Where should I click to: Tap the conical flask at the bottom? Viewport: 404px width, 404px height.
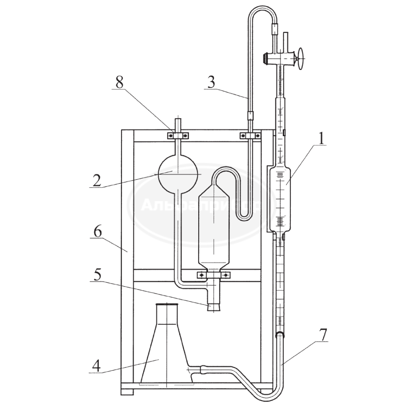(166, 354)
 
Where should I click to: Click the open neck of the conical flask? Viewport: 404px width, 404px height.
(167, 307)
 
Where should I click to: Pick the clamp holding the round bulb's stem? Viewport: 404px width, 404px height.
(179, 135)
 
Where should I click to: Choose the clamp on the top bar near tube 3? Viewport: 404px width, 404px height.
(250, 135)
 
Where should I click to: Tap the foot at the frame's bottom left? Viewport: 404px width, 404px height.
(127, 392)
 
